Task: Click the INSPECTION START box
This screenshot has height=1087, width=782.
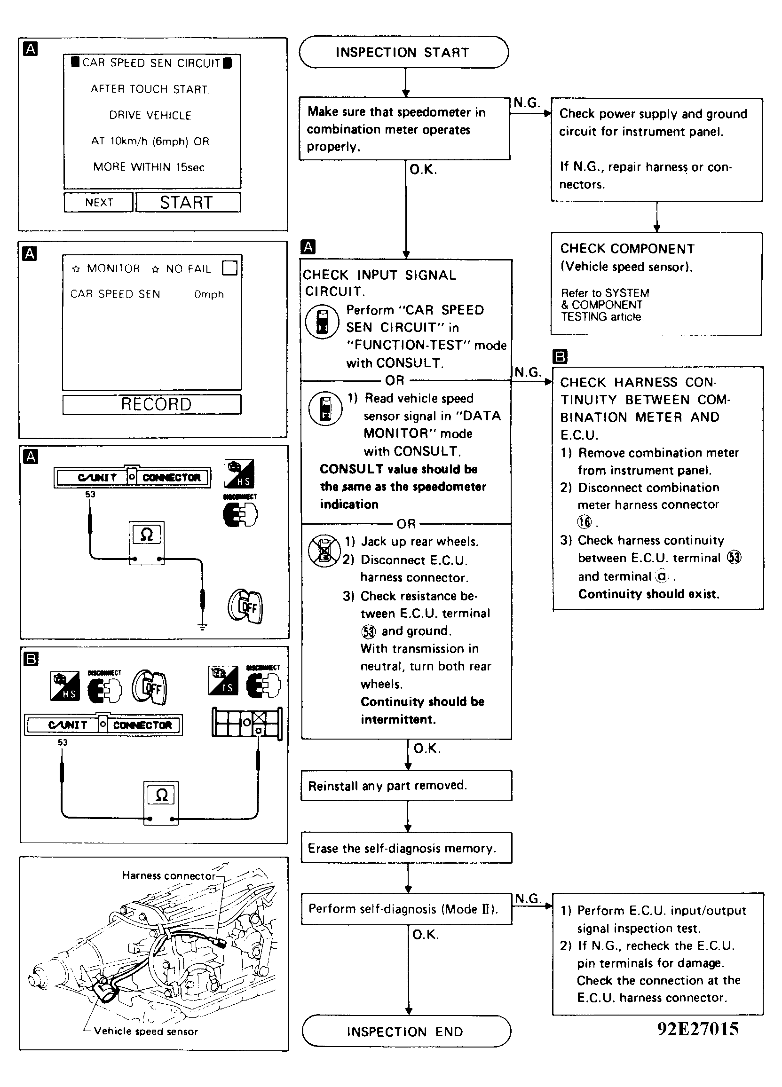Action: click(403, 52)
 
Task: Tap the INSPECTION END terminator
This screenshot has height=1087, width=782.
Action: click(406, 1032)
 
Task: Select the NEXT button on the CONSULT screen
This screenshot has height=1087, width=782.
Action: click(99, 202)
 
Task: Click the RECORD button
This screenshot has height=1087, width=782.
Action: click(152, 404)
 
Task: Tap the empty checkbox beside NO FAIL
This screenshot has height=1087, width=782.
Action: click(229, 268)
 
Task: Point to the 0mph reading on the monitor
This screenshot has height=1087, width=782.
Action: click(209, 294)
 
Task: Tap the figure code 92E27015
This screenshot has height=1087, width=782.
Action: click(698, 1029)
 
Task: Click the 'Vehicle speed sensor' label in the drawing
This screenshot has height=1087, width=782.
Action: click(146, 1031)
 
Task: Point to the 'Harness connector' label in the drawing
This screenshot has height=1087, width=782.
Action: click(168, 875)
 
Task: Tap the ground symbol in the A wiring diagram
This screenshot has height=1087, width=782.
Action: click(203, 626)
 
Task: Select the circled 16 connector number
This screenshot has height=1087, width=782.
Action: click(585, 522)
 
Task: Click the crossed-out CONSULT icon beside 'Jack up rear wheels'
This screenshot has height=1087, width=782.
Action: click(324, 550)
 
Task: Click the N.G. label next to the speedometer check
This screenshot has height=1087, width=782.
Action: click(527, 102)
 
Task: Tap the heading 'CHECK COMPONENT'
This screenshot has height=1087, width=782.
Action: click(627, 249)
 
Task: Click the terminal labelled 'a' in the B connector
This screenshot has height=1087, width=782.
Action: click(259, 731)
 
